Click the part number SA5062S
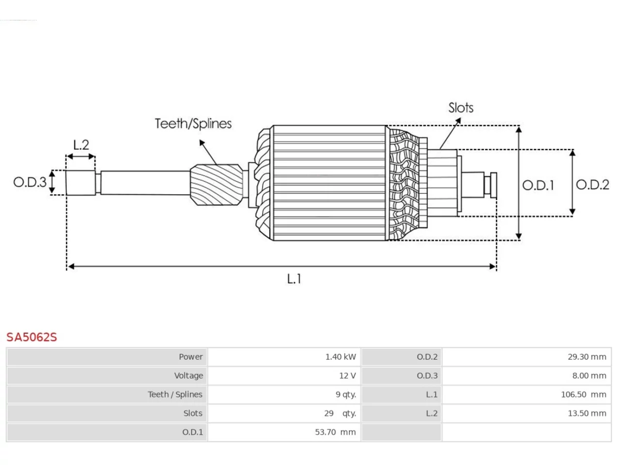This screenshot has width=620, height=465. [x=31, y=337]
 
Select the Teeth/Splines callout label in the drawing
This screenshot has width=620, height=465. [x=193, y=124]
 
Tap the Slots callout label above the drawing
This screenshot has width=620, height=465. [x=461, y=108]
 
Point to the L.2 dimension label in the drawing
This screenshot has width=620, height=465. [x=81, y=145]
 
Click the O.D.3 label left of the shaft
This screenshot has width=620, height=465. [x=30, y=182]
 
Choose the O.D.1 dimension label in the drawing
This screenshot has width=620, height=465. [x=538, y=185]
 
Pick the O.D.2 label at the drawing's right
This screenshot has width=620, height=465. [x=592, y=185]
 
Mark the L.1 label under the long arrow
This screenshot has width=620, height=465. [x=294, y=279]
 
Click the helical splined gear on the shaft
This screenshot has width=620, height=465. [x=217, y=185]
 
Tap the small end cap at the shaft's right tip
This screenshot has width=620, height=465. [x=494, y=185]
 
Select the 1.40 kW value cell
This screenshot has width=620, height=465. [x=284, y=357]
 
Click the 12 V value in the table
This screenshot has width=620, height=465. [x=347, y=376]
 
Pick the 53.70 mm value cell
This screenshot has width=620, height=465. [x=284, y=432]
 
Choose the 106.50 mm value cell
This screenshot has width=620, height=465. [x=527, y=395]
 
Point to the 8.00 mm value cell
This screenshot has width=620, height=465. [x=527, y=376]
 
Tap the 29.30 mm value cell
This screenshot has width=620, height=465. [x=527, y=357]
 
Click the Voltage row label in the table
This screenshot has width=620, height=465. [x=188, y=376]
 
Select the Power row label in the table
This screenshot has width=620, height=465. [x=191, y=357]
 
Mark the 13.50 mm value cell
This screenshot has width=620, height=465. [x=527, y=413]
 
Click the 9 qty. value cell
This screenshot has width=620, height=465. [x=284, y=395]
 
